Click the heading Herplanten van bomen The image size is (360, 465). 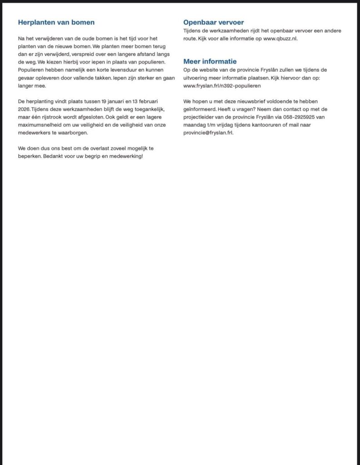coord(56,22)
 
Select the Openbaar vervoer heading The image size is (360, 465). coord(213,22)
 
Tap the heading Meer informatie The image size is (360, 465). coord(210,61)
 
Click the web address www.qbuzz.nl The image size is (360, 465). coord(280,39)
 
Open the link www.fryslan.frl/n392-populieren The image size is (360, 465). coord(222,85)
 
